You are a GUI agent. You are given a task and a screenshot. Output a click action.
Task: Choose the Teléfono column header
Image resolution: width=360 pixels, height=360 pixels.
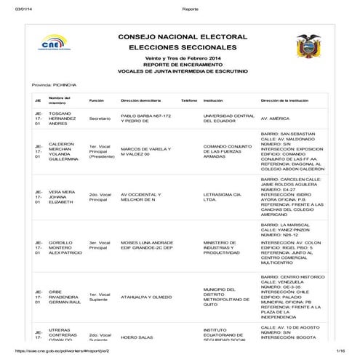189,100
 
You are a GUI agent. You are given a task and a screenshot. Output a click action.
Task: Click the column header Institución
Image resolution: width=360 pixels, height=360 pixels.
213,100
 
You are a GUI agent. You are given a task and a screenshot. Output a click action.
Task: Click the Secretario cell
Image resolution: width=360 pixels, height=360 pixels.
100,119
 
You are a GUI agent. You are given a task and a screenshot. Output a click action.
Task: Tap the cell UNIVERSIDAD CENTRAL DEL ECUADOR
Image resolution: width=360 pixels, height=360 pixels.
228,119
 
